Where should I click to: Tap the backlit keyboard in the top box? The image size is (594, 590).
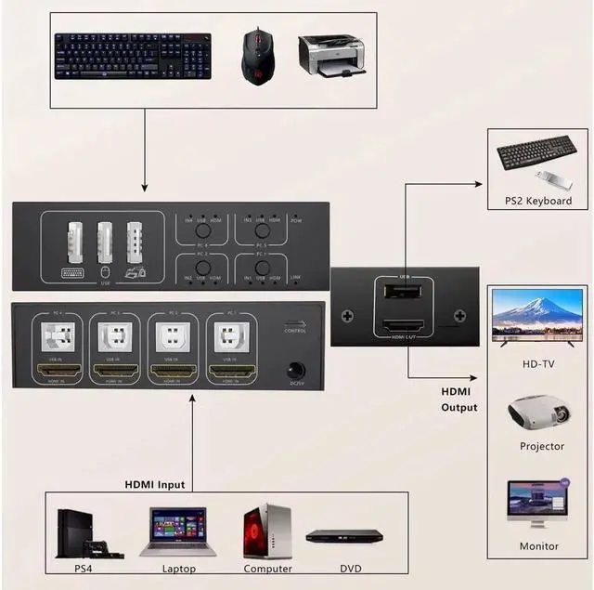point(133,56)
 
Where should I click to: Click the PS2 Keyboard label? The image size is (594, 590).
point(537,201)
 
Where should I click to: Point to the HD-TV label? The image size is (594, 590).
point(537,364)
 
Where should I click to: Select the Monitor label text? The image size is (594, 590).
point(537,546)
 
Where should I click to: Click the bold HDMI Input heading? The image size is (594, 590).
point(155,484)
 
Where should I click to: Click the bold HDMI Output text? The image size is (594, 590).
point(458,400)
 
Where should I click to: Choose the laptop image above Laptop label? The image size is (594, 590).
point(178,531)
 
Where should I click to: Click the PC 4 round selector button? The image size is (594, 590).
point(200,229)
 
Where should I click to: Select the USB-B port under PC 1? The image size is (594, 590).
point(226,335)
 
